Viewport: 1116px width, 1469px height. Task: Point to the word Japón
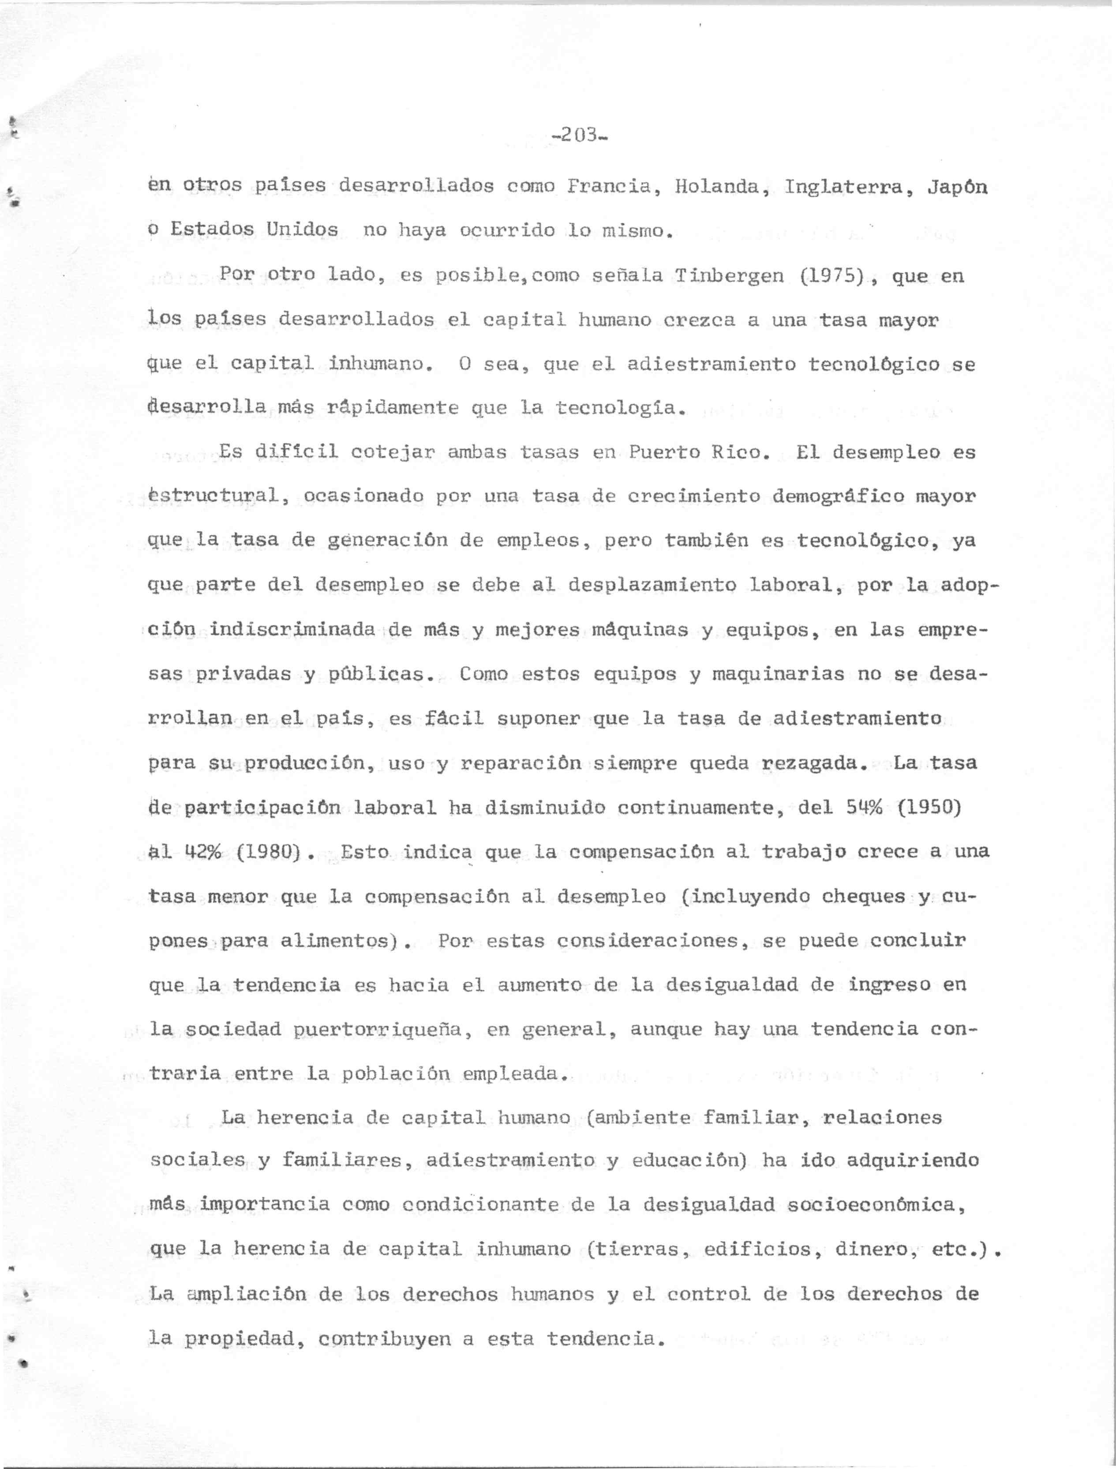957,187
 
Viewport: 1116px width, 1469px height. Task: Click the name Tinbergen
729,275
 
